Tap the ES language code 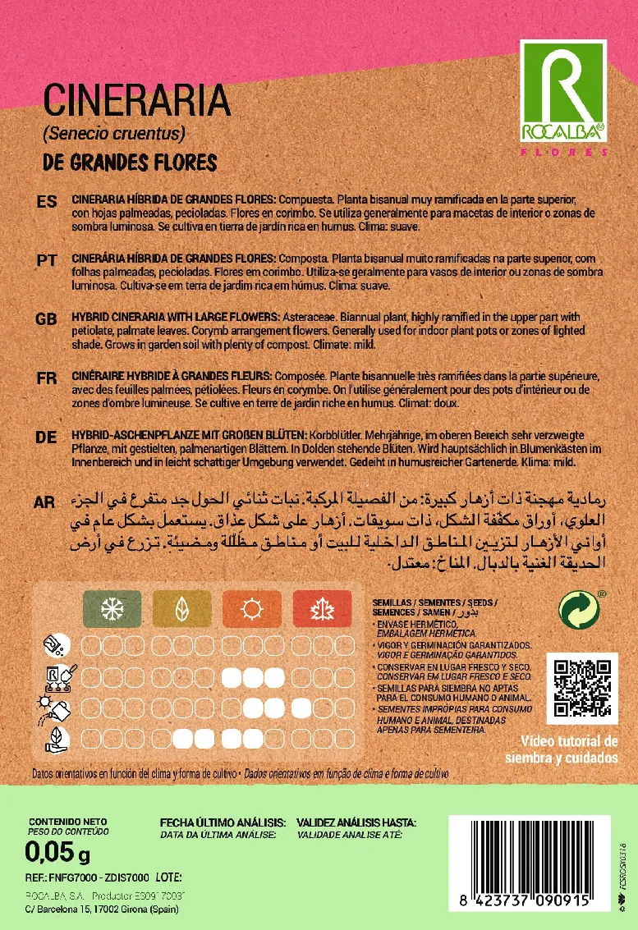(47, 203)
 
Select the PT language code (47, 260)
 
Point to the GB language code (47, 318)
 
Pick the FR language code (47, 378)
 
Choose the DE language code (47, 437)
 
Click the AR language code (47, 500)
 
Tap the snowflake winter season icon (112, 608)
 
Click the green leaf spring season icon (181, 608)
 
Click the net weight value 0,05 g (57, 854)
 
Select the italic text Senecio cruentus (114, 133)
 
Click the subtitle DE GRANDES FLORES (129, 162)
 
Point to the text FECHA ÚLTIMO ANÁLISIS (223, 822)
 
